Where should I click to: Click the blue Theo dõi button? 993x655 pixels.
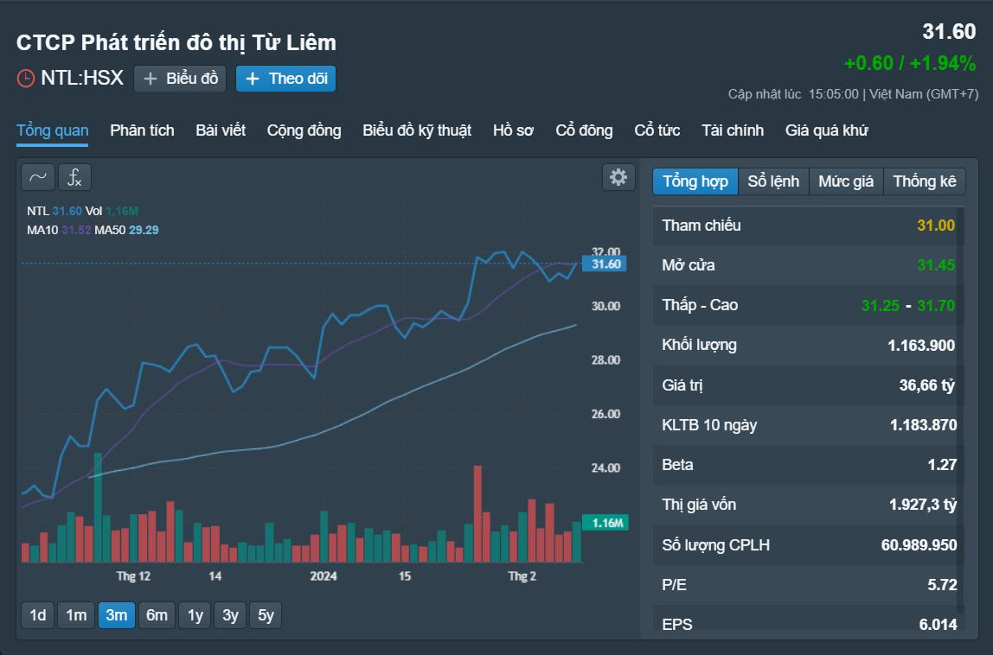pos(285,79)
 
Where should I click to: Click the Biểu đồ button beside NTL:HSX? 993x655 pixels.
pos(180,79)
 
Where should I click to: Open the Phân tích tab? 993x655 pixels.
pos(142,130)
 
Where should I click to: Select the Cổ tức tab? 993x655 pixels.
pos(657,130)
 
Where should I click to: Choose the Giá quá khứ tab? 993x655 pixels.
pos(826,130)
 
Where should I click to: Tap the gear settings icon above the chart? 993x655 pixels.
pos(618,177)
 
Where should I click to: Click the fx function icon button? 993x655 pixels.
pos(74,177)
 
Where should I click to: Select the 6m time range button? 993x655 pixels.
pos(157,615)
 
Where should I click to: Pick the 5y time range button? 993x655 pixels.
pos(266,615)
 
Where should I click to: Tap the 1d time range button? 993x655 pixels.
pos(38,615)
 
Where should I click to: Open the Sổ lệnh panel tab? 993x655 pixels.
pos(773,181)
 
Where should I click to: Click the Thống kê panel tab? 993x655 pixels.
pos(925,181)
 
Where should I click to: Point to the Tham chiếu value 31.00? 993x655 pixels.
pos(936,226)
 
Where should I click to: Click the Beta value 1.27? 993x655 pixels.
pos(942,465)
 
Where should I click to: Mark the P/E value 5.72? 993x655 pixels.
pos(942,585)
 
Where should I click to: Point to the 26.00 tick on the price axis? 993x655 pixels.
pos(606,414)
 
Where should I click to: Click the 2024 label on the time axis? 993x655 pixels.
pos(323,576)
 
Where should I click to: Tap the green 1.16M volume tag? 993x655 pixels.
pos(605,523)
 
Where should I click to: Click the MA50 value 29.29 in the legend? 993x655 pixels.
pos(144,231)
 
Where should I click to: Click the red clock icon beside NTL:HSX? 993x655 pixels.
pos(25,79)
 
